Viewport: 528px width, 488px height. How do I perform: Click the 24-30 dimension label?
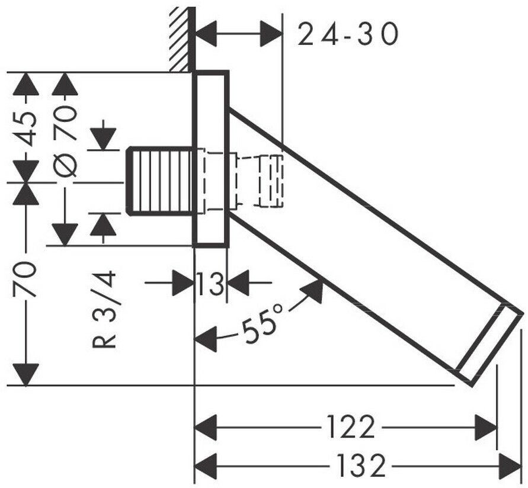tap(348, 34)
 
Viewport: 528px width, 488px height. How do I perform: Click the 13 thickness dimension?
tap(210, 283)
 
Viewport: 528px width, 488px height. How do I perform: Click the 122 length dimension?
tap(351, 427)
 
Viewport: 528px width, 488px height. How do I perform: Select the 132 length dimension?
tap(361, 465)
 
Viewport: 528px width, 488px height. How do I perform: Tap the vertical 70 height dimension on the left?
tap(24, 280)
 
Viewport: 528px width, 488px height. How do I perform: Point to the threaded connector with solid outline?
tap(161, 181)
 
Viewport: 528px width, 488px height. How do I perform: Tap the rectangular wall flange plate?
tap(211, 159)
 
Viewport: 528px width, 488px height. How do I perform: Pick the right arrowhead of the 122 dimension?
tap(485, 428)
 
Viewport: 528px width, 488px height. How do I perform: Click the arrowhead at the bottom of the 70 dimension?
tap(25, 374)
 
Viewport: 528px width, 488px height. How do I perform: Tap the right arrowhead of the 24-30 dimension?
tap(271, 34)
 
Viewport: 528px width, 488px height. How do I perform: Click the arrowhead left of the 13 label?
tap(184, 282)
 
